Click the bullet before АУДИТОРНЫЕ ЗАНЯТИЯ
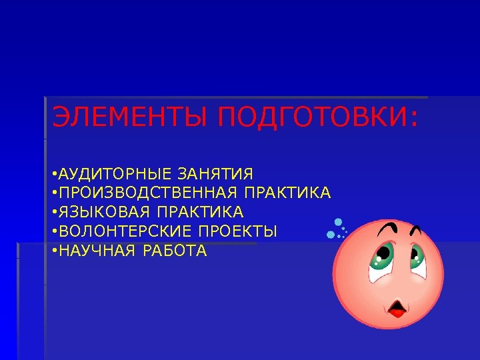[x=53, y=175]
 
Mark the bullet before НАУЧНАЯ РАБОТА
[x=53, y=251]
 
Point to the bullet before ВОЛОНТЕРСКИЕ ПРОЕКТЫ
[x=53, y=232]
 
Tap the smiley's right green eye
[x=418, y=255]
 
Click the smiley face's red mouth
[x=399, y=308]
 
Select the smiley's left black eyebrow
[x=387, y=229]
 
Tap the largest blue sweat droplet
[x=338, y=222]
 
